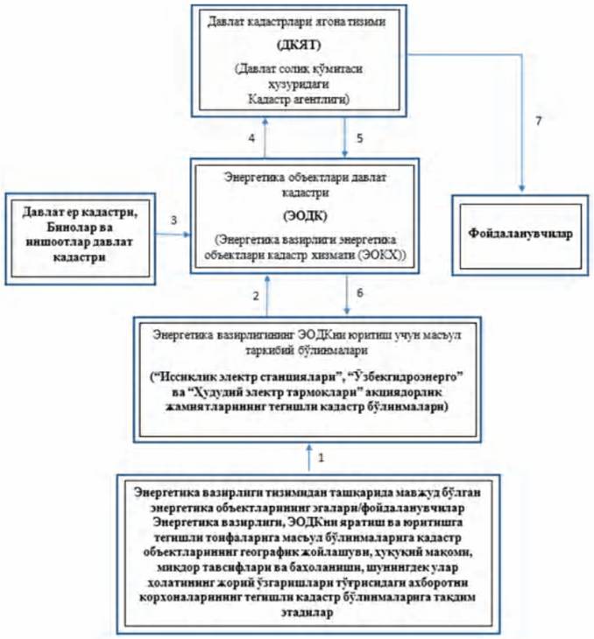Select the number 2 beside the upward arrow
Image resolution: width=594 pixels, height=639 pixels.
(256, 298)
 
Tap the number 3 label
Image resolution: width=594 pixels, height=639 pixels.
(174, 219)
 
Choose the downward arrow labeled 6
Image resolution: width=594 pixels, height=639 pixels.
(347, 298)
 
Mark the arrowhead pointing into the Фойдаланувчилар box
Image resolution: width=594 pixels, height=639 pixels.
(522, 187)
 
